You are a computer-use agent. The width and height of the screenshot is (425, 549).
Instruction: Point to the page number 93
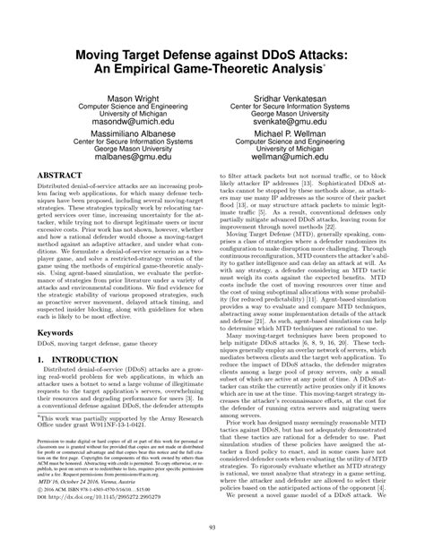pos(212,536)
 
